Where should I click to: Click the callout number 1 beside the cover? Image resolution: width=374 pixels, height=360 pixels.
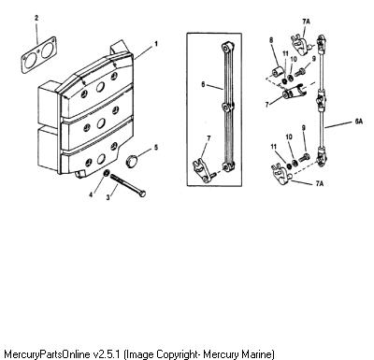pyautogui.click(x=156, y=44)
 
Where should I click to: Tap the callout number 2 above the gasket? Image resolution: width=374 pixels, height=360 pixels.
pyautogui.click(x=36, y=18)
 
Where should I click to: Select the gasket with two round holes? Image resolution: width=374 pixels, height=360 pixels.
pyautogui.click(x=39, y=54)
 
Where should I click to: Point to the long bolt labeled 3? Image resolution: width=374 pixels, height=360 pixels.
pyautogui.click(x=128, y=185)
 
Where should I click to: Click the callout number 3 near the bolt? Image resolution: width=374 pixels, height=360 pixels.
pyautogui.click(x=108, y=197)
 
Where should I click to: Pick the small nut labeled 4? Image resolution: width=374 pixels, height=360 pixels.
pyautogui.click(x=106, y=173)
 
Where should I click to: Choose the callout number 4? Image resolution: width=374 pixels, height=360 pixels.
pyautogui.click(x=91, y=194)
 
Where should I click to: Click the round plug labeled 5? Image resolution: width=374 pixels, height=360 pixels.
pyautogui.click(x=132, y=162)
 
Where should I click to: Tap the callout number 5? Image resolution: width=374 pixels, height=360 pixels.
pyautogui.click(x=156, y=147)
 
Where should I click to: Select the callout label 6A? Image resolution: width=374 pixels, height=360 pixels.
pyautogui.click(x=359, y=122)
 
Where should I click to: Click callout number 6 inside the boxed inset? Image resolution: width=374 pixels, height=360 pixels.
pyautogui.click(x=203, y=84)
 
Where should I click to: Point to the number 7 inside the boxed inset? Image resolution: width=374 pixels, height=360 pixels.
pyautogui.click(x=209, y=138)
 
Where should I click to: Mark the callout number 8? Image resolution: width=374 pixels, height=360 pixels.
pyautogui.click(x=271, y=40)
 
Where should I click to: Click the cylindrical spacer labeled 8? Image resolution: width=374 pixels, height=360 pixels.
pyautogui.click(x=277, y=72)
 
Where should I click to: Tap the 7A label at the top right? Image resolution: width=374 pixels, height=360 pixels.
pyautogui.click(x=306, y=22)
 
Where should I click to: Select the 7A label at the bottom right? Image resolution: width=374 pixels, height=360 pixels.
pyautogui.click(x=319, y=183)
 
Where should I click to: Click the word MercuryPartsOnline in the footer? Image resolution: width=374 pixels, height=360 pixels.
pyautogui.click(x=47, y=354)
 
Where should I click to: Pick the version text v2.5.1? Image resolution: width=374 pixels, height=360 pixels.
pyautogui.click(x=107, y=354)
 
